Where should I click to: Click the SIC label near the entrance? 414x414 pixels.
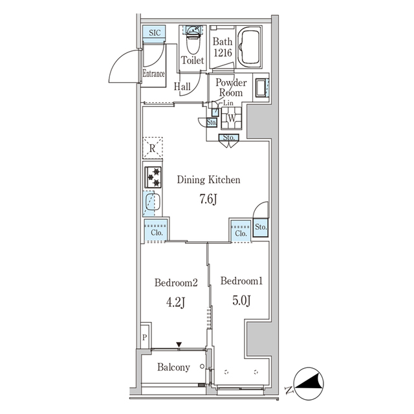[x=155, y=33]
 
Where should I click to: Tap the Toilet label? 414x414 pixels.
[x=193, y=60]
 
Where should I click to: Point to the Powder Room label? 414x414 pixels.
[x=230, y=88]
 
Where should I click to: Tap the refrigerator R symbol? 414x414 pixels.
[x=152, y=148]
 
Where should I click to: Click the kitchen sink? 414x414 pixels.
[x=152, y=204]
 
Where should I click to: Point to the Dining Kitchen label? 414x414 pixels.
[x=209, y=180]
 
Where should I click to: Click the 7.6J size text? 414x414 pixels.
[x=208, y=199]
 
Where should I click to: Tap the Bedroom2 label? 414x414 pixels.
[x=175, y=283]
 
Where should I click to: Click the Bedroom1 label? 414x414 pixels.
[x=241, y=281]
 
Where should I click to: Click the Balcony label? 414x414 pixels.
[x=174, y=367]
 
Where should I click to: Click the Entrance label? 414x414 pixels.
[x=153, y=74]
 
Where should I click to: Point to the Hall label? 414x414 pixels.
[x=182, y=85]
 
